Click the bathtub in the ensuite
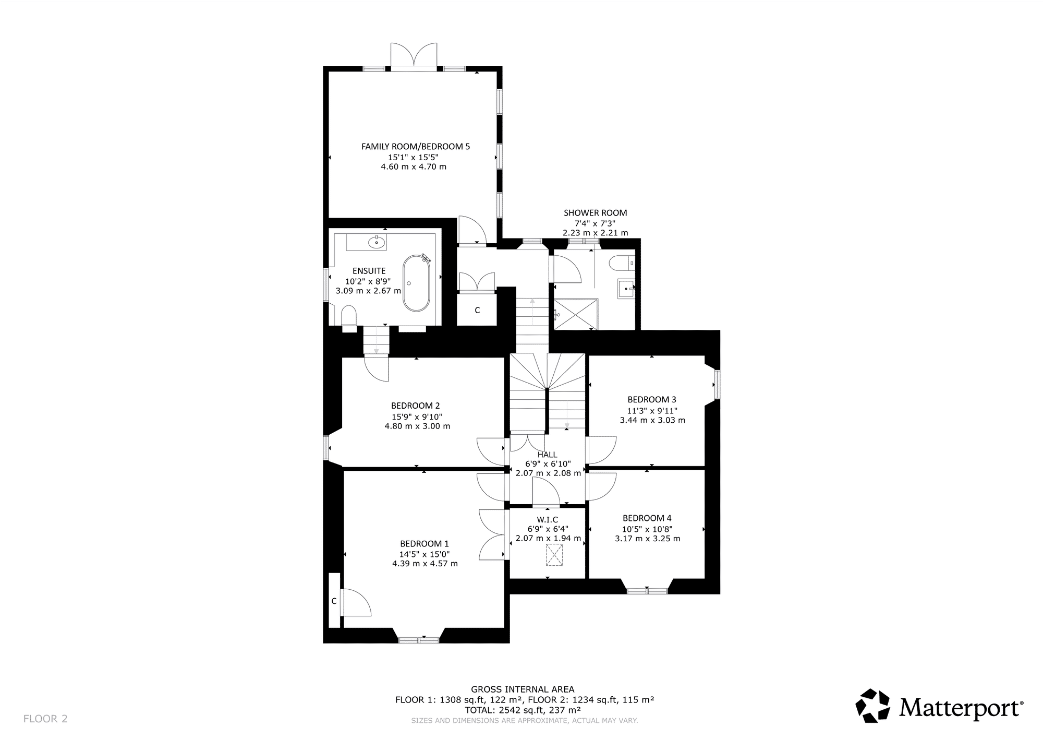point(416,283)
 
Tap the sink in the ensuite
point(376,242)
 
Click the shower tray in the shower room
point(575,314)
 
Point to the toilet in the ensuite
point(349,317)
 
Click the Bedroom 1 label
point(425,543)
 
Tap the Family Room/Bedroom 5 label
point(416,147)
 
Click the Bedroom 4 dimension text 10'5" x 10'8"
point(647,529)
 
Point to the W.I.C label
point(548,520)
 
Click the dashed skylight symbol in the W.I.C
point(554,555)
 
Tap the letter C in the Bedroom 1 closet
point(334,601)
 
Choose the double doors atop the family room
point(414,56)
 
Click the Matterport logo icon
point(873,706)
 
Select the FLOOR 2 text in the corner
point(45,719)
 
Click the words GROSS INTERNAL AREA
point(523,689)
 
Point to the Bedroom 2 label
point(416,406)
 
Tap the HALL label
point(548,455)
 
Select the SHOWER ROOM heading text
point(596,213)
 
